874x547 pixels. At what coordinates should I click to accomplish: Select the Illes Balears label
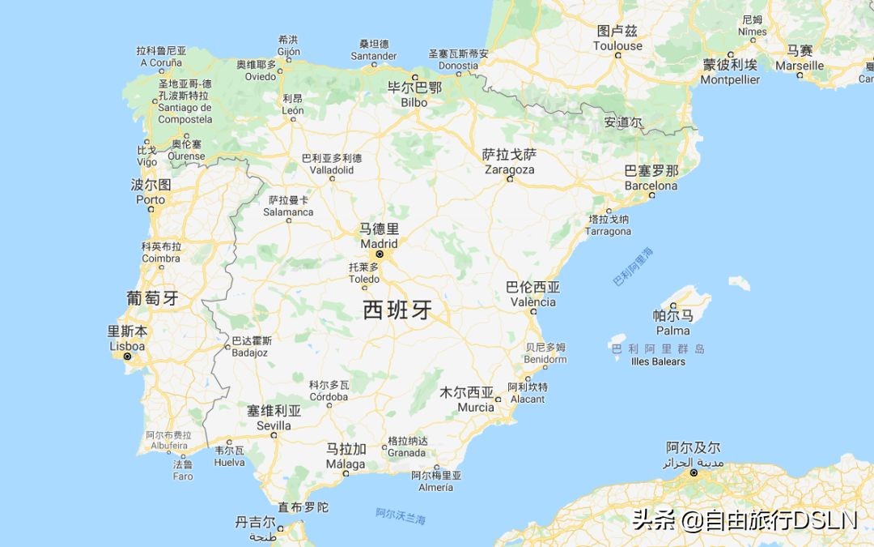[658, 361]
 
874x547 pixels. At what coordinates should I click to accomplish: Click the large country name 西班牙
[397, 310]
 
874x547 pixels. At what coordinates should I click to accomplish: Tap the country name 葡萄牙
[152, 298]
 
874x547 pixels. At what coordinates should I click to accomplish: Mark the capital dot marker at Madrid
[379, 254]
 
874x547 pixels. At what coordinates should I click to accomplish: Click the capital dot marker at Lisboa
[127, 356]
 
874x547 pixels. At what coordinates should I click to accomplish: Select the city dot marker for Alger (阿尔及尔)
[694, 473]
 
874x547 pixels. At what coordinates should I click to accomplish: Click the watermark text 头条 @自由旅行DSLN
[744, 519]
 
